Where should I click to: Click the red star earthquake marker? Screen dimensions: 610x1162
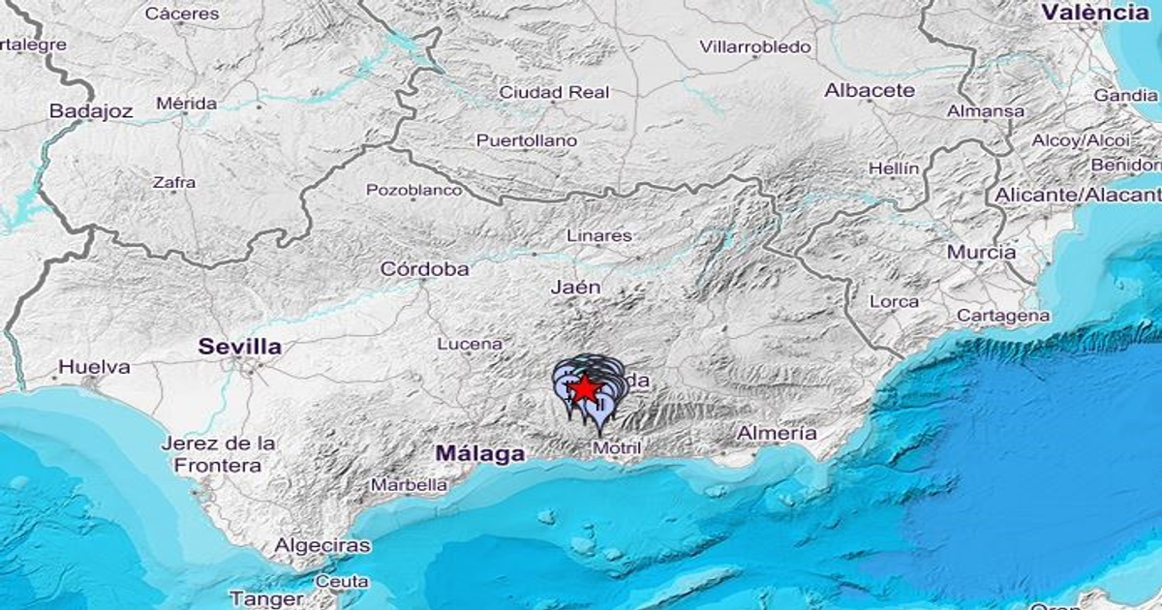(584, 388)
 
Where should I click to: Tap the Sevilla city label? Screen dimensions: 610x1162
(239, 346)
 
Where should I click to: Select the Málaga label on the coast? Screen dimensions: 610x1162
(479, 452)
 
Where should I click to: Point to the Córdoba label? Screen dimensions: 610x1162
(425, 269)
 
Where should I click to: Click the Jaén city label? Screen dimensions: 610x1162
(575, 287)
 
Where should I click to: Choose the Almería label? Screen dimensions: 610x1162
(777, 434)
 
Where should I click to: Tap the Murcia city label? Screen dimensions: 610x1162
(982, 252)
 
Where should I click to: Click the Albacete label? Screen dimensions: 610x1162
(870, 90)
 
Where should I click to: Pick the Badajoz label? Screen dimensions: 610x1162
(91, 111)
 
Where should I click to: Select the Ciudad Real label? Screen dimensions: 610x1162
(554, 93)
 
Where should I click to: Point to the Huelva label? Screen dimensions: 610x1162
(94, 367)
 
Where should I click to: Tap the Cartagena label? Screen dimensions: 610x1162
(1003, 316)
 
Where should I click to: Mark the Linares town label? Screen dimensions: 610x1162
(599, 235)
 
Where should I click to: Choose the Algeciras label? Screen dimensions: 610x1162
(321, 545)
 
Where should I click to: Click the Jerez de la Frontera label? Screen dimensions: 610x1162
(218, 454)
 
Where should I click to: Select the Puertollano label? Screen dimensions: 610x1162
(527, 141)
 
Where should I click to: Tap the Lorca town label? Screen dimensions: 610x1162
(894, 302)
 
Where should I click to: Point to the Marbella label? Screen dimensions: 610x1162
(410, 484)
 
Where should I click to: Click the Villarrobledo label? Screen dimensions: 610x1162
(755, 46)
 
